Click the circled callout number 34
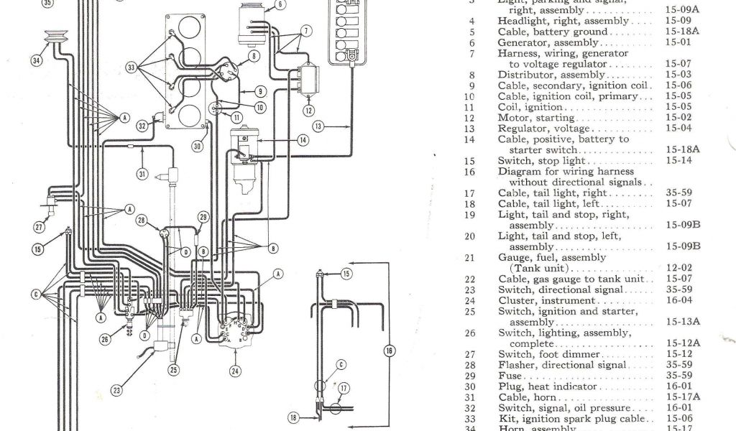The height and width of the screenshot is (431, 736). click(37, 60)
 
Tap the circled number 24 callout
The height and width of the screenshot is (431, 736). click(234, 371)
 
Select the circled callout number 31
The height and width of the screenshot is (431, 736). click(142, 172)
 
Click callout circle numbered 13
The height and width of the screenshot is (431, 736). click(319, 126)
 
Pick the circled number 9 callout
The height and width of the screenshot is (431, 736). click(260, 91)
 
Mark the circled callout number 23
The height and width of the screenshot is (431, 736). click(116, 391)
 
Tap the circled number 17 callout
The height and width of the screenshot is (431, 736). click(344, 388)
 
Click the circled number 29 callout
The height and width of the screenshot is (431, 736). click(203, 217)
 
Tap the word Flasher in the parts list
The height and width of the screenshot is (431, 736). click(516, 365)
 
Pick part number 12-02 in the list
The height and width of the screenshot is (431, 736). click(678, 268)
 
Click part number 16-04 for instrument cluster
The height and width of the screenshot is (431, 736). click(678, 300)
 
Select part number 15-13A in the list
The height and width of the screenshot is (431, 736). click(681, 322)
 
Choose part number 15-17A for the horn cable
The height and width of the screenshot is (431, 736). click(681, 397)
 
